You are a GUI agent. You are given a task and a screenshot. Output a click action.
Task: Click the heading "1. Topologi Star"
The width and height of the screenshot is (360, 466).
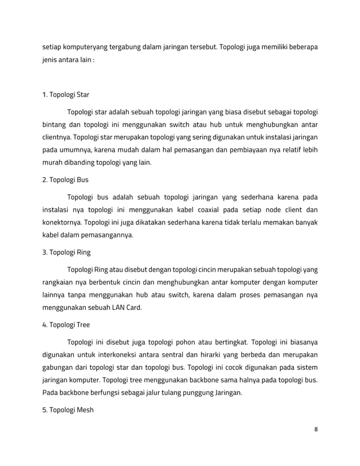(x=66, y=94)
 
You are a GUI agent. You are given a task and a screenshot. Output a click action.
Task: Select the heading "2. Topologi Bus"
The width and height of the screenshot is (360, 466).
(x=65, y=180)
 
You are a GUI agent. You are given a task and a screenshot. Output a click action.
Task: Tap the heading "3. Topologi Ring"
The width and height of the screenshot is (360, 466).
(x=67, y=252)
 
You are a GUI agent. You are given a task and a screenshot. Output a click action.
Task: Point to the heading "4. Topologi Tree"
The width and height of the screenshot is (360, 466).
(x=66, y=324)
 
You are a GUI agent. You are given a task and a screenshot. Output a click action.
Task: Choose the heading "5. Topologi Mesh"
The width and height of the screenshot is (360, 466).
(x=68, y=410)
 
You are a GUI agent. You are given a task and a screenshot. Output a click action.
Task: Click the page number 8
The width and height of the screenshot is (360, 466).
(x=316, y=429)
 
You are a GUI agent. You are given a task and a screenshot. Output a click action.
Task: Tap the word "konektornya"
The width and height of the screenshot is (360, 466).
(x=62, y=222)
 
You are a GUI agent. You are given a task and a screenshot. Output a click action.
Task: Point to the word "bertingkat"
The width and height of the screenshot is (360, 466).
(x=230, y=342)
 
